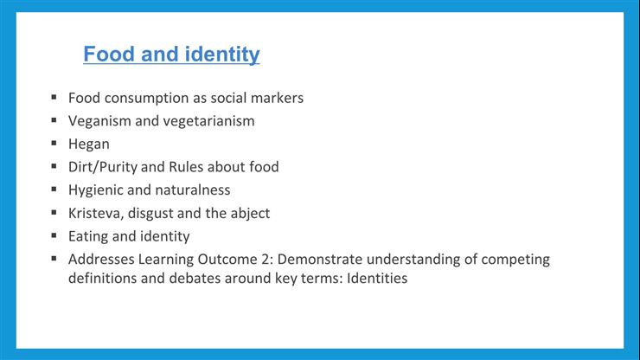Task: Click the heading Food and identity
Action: (171, 55)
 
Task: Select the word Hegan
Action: (88, 144)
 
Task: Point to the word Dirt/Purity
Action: (103, 167)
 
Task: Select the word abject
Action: (248, 213)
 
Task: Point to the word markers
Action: (277, 98)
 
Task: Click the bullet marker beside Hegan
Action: (54, 144)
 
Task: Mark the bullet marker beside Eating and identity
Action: (54, 235)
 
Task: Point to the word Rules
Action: (201, 167)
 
